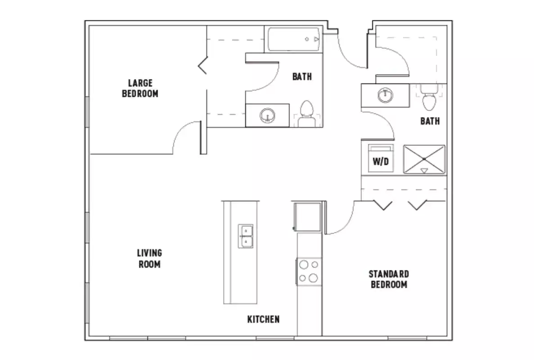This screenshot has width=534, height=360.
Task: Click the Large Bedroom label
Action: (140, 88)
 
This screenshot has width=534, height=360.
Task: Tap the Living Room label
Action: (150, 259)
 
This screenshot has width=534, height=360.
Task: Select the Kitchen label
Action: (263, 319)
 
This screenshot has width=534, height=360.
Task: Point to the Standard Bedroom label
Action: (389, 279)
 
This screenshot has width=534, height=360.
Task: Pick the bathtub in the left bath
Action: (293, 40)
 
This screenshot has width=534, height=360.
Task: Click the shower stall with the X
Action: (424, 159)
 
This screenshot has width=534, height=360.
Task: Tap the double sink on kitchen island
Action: (246, 236)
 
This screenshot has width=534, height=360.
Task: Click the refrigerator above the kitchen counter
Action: (307, 216)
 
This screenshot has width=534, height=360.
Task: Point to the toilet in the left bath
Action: (307, 113)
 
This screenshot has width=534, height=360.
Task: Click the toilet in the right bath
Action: (429, 98)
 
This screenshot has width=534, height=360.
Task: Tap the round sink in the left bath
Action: (267, 116)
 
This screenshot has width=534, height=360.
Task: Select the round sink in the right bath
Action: (385, 95)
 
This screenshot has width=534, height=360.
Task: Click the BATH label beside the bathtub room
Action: (301, 77)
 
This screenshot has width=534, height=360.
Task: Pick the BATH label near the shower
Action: (430, 121)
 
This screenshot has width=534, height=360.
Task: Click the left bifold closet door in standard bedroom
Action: (383, 205)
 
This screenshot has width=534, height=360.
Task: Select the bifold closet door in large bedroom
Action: (203, 66)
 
